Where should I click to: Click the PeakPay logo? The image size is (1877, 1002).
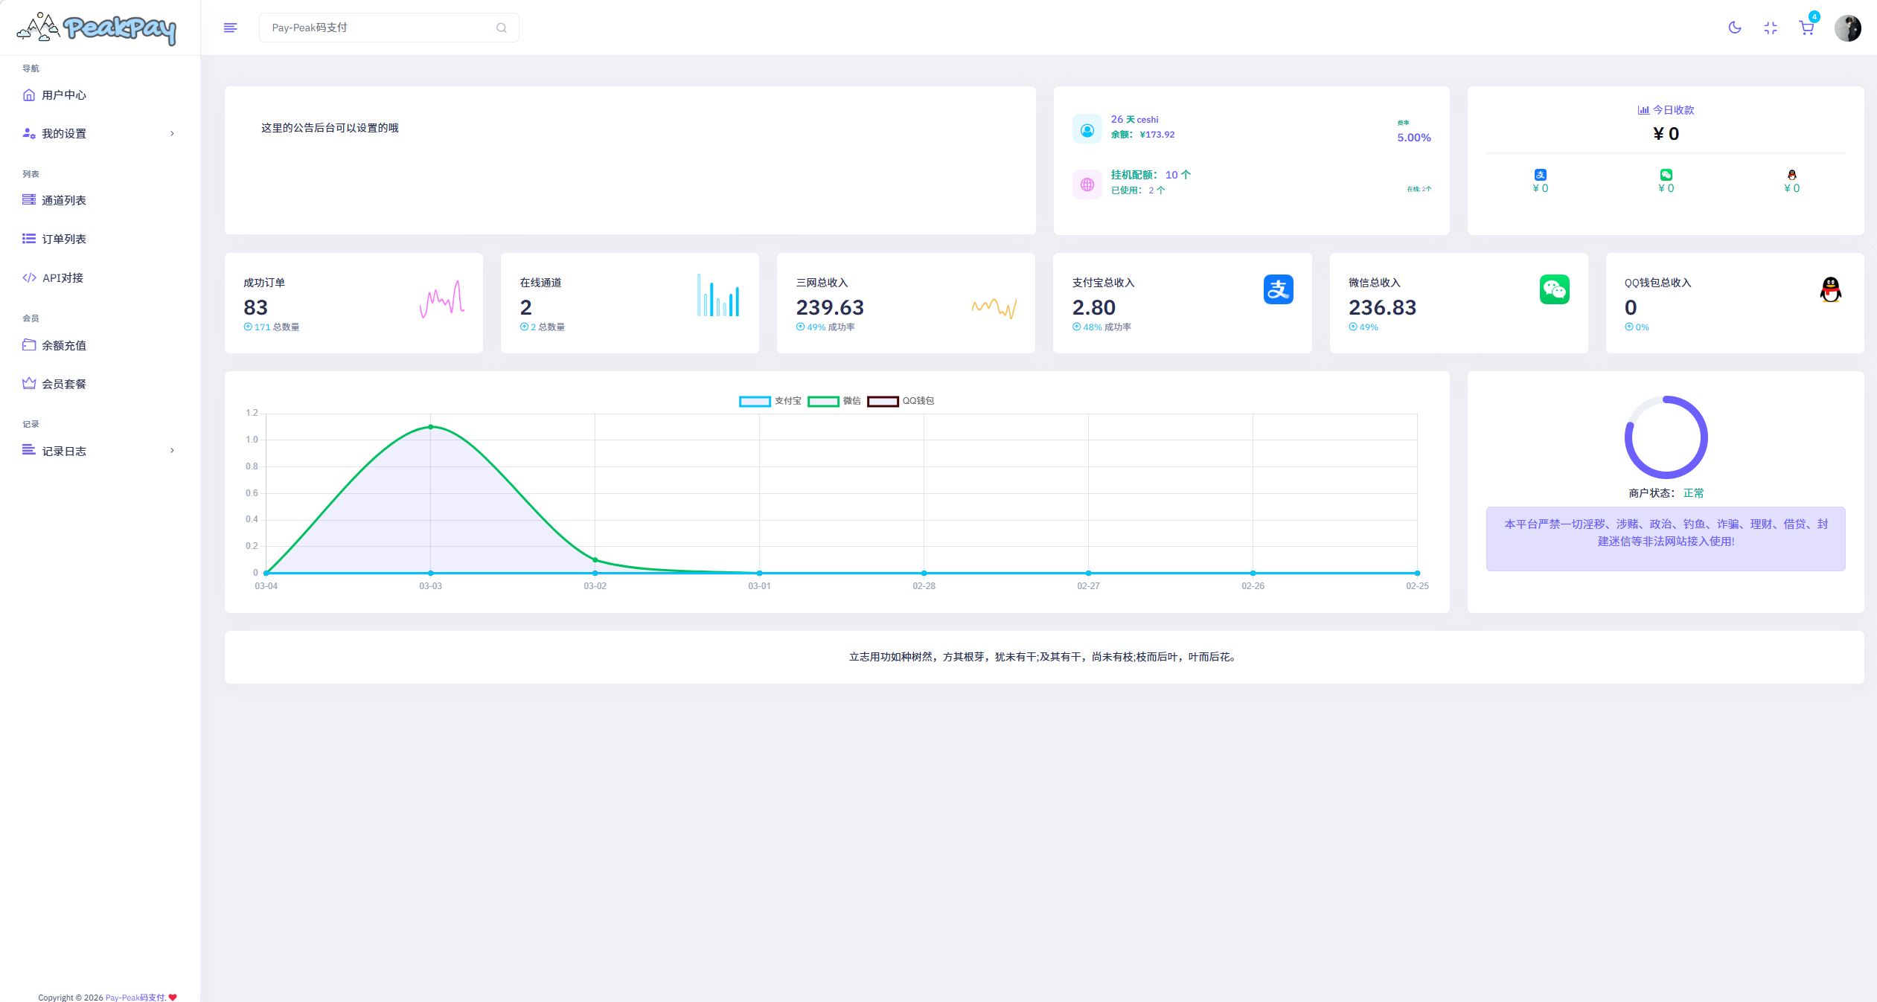click(97, 28)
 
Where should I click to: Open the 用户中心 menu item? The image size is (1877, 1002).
click(64, 95)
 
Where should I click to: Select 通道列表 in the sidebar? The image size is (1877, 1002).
click(64, 200)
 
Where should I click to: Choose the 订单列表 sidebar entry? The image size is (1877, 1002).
click(64, 239)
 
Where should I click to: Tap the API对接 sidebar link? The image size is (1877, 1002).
click(63, 277)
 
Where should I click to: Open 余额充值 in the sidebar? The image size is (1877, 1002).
click(64, 345)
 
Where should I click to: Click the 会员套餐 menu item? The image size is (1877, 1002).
click(64, 384)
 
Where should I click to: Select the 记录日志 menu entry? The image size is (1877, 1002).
click(64, 451)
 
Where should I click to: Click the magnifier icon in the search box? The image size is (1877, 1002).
click(502, 28)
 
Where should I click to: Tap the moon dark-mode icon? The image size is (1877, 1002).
click(1735, 28)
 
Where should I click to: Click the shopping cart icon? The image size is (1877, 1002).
click(1806, 28)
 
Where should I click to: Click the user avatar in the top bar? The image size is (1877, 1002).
click(1847, 28)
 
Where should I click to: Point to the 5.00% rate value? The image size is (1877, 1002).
click(1413, 138)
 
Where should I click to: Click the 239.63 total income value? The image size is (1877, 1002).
click(830, 307)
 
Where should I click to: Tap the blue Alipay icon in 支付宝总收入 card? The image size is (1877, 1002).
click(1278, 289)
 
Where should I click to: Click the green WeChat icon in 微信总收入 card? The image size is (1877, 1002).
click(1554, 289)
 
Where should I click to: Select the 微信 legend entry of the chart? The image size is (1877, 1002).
click(834, 401)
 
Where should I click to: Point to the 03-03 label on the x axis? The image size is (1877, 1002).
click(430, 586)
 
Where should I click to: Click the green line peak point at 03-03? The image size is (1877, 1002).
click(430, 427)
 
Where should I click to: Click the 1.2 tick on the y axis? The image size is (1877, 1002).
click(252, 413)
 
